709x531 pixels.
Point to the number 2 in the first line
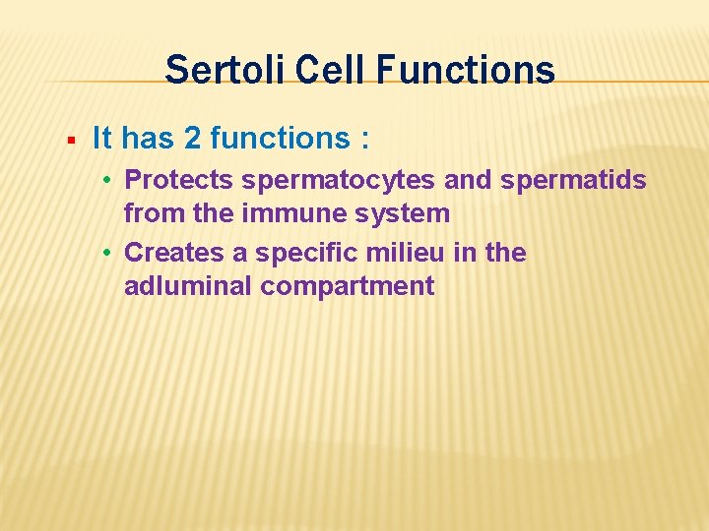(x=192, y=139)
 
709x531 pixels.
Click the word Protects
(x=181, y=180)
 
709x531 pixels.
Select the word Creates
(x=174, y=253)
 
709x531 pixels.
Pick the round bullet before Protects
(x=114, y=181)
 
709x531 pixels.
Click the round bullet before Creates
(x=114, y=254)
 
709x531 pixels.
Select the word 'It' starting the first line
(x=101, y=139)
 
